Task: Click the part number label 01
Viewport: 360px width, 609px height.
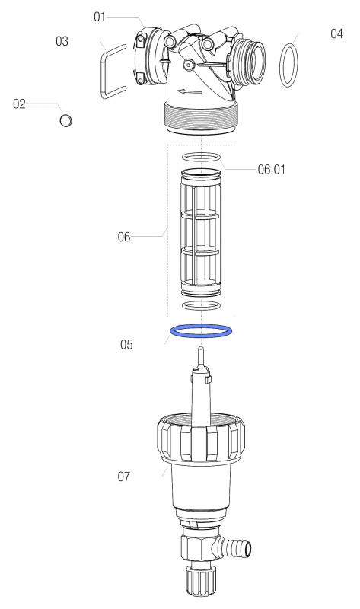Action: tap(100, 18)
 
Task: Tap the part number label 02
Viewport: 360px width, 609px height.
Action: tap(19, 104)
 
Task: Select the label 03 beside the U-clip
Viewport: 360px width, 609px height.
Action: tap(62, 41)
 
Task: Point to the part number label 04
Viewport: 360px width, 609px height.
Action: tap(336, 33)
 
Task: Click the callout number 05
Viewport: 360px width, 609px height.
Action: tap(126, 345)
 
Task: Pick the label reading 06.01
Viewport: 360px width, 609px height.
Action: tap(272, 170)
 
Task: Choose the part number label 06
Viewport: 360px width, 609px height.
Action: tap(124, 237)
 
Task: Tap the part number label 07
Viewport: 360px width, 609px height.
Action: tap(124, 477)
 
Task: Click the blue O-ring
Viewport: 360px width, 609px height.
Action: tap(201, 326)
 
